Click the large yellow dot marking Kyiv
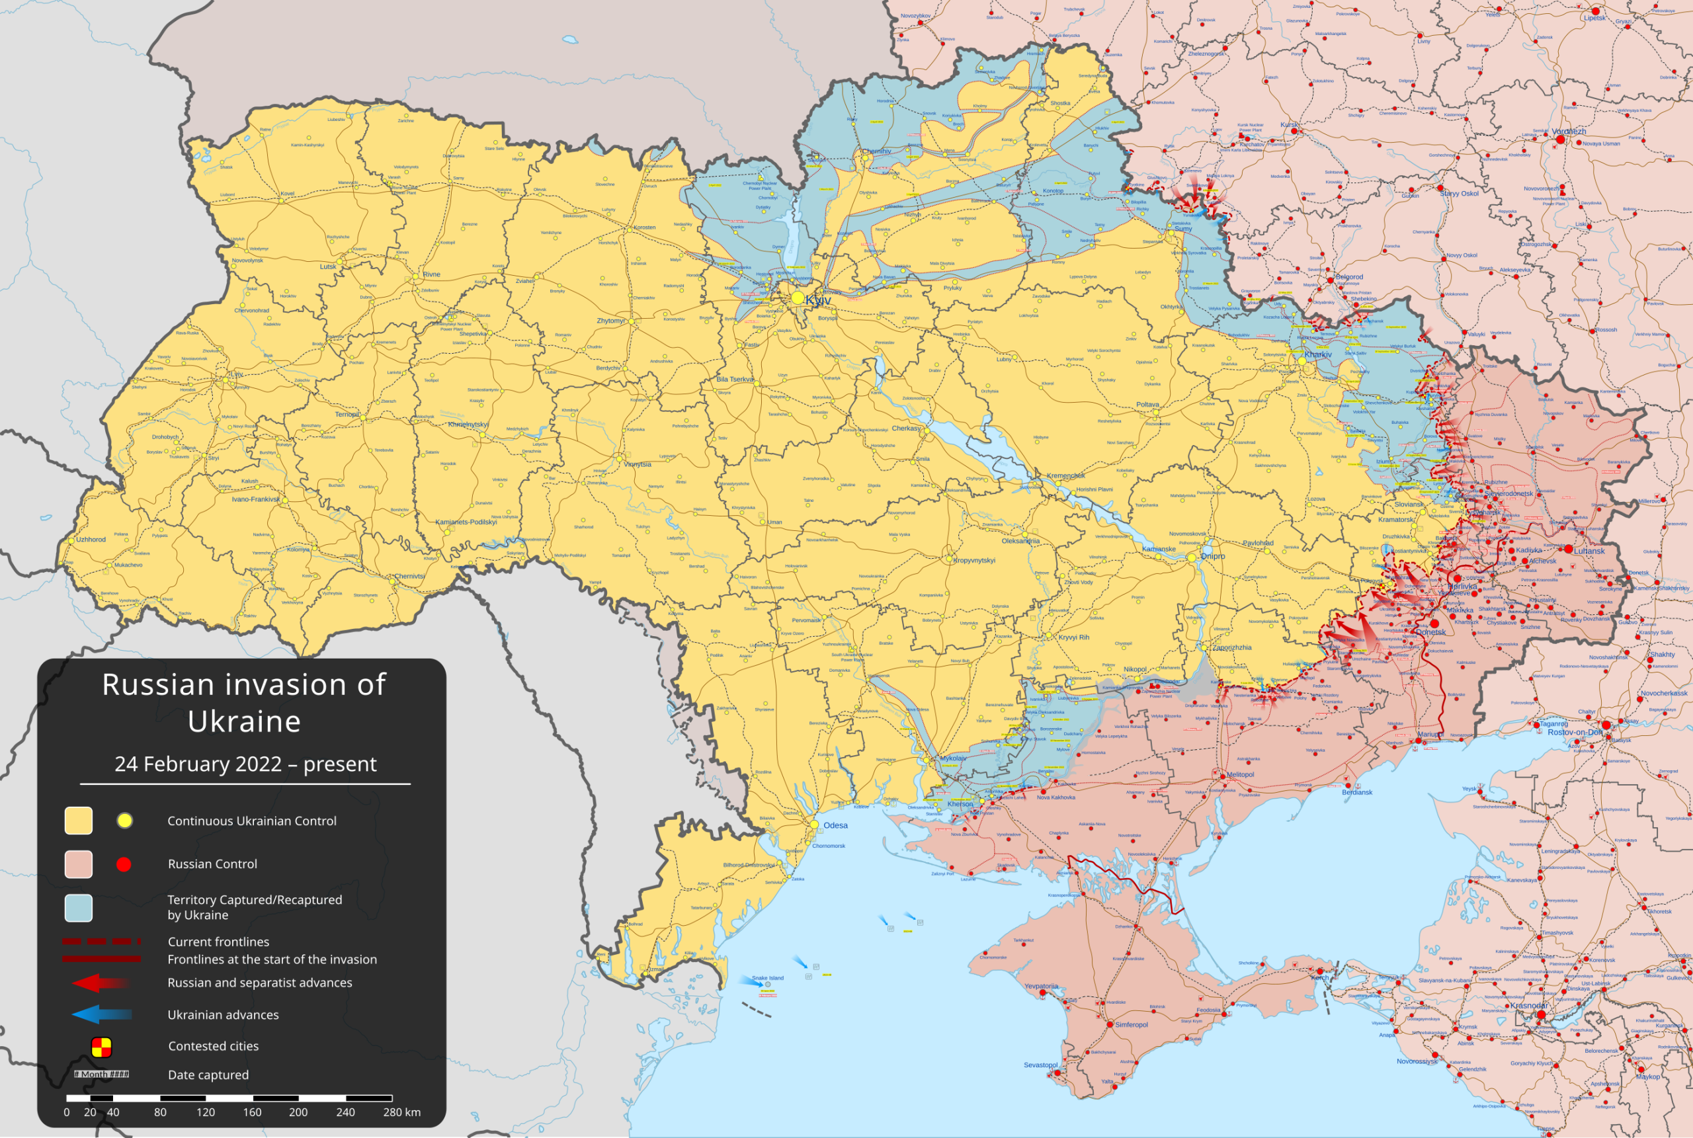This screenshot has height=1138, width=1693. pos(798,298)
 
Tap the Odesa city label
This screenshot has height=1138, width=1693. pos(835,825)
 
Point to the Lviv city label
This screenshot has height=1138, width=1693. pos(237,374)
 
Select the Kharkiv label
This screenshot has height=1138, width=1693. pos(1318,355)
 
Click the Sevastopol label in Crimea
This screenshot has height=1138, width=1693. pos(1040,1065)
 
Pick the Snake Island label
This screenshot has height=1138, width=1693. pos(767,977)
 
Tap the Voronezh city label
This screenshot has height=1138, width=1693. pos(1569,132)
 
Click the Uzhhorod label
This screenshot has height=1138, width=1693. pos(91,539)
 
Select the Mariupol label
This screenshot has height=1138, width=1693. pos(1429,734)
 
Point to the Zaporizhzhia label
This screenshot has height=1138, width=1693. pos(1231,647)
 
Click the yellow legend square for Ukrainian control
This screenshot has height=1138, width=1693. pos(79,821)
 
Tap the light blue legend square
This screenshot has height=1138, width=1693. pos(79,908)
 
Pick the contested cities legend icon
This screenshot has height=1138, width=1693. pos(101,1047)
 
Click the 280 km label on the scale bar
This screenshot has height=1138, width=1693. pos(402,1112)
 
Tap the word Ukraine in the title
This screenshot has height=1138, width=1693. pos(244,721)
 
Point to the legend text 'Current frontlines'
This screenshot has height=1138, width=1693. pos(218,942)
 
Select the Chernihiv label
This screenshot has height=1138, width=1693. pos(876,151)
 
